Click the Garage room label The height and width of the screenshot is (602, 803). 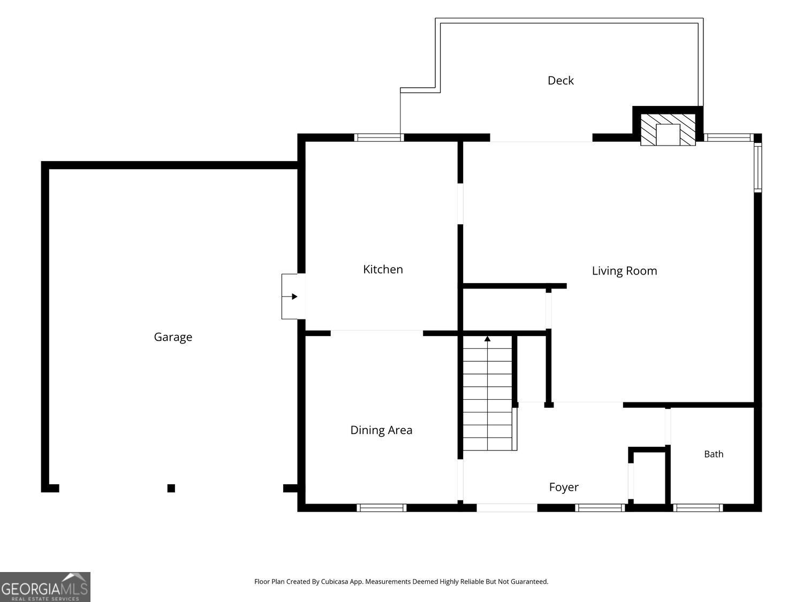pyautogui.click(x=173, y=337)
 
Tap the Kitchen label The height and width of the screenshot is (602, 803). pyautogui.click(x=383, y=269)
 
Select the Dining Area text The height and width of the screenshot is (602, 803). pyautogui.click(x=381, y=430)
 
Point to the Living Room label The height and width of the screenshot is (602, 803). pyautogui.click(x=624, y=271)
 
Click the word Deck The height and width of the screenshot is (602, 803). pyautogui.click(x=560, y=80)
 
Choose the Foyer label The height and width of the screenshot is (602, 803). pyautogui.click(x=564, y=487)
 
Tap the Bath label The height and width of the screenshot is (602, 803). pyautogui.click(x=714, y=454)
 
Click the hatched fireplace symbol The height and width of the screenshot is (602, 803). pyautogui.click(x=668, y=129)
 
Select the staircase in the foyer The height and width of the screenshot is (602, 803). pyautogui.click(x=489, y=393)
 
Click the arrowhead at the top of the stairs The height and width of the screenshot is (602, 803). pyautogui.click(x=487, y=339)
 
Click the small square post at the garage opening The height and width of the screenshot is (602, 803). pyautogui.click(x=171, y=488)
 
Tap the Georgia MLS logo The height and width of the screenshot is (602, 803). pyautogui.click(x=45, y=586)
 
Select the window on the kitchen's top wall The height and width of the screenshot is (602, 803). pyautogui.click(x=379, y=138)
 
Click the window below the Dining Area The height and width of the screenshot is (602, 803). pyautogui.click(x=382, y=508)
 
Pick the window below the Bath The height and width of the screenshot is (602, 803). pyautogui.click(x=698, y=508)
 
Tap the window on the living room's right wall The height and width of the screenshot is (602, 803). pyautogui.click(x=757, y=167)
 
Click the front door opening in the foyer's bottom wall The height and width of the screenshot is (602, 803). pyautogui.click(x=506, y=508)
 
